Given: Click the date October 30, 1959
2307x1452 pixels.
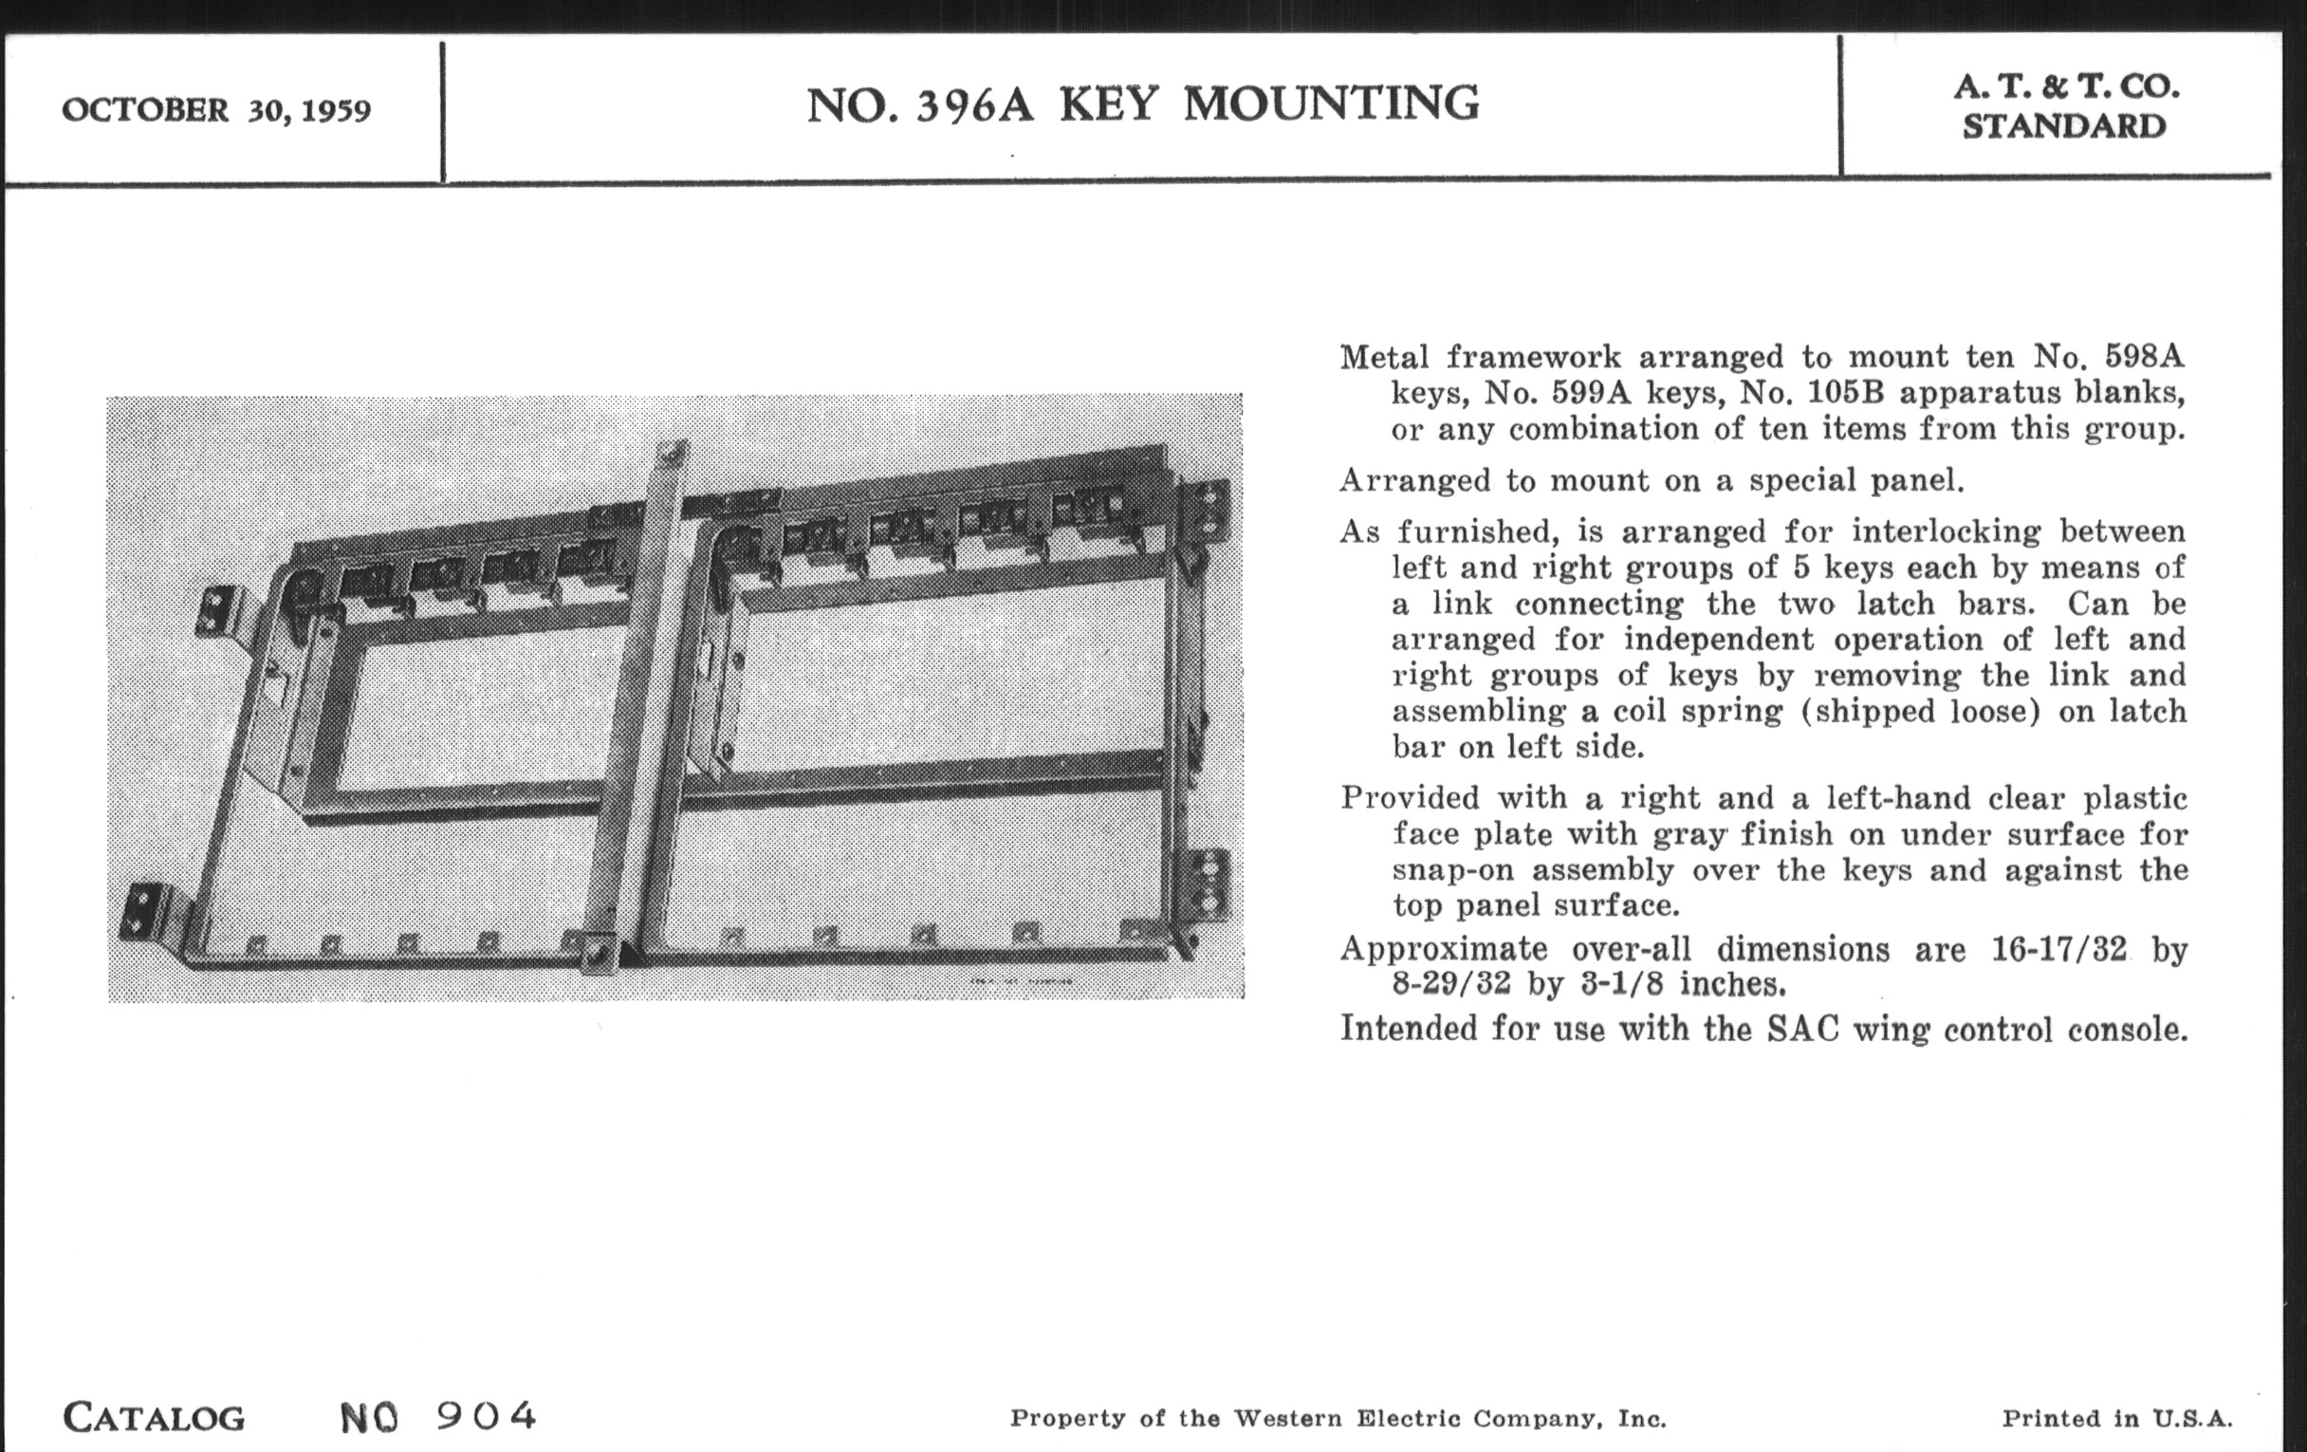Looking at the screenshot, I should point(215,110).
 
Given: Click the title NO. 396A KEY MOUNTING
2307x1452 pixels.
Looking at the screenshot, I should point(1142,104).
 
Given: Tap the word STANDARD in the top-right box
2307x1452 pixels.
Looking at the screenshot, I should point(2063,126).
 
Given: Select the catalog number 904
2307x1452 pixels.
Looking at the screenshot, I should point(486,1416).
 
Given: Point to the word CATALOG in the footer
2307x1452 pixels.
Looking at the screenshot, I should point(154,1418).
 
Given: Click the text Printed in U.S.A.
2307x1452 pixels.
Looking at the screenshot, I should point(2116,1419).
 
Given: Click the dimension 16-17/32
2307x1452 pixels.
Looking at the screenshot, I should point(2058,949).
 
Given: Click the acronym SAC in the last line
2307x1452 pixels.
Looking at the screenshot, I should point(1803,1029).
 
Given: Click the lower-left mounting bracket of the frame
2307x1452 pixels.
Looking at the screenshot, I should point(147,910).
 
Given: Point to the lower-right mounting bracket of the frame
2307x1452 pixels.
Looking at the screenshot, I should point(1209,883).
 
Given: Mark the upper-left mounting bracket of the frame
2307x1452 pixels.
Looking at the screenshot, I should point(218,610).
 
